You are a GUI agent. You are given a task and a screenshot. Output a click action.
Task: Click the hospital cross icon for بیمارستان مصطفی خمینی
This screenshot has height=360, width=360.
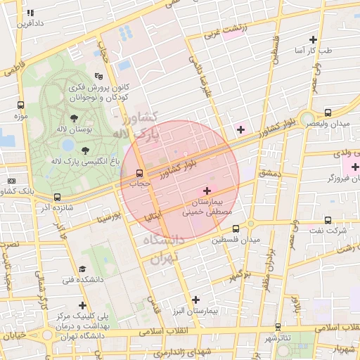click(x=206, y=191)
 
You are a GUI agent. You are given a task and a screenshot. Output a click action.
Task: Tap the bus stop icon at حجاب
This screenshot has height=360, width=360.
click(x=139, y=172)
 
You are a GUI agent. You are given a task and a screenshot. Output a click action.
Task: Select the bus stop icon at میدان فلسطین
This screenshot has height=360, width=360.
click(x=236, y=229)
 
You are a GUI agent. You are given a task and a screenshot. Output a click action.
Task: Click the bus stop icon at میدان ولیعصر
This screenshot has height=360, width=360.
click(x=328, y=112)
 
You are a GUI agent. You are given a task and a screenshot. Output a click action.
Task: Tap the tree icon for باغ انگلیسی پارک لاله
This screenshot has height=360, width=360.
click(x=85, y=150)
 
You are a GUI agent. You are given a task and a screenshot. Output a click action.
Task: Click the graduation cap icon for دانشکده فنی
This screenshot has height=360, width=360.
click(x=82, y=269)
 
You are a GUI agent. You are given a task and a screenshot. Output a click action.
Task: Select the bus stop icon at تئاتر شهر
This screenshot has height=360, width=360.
click(x=279, y=326)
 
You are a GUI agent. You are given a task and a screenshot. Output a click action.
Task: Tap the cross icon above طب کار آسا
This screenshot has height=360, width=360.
click(x=314, y=39)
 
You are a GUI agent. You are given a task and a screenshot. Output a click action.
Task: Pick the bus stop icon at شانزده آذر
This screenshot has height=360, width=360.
click(x=57, y=198)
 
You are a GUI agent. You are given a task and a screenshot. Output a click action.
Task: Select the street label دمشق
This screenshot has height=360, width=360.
click(x=269, y=172)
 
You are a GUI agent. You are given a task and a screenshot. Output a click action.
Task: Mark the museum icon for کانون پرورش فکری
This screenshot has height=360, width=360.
click(x=98, y=76)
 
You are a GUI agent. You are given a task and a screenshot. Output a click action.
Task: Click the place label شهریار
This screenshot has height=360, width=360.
click(x=340, y=349)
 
